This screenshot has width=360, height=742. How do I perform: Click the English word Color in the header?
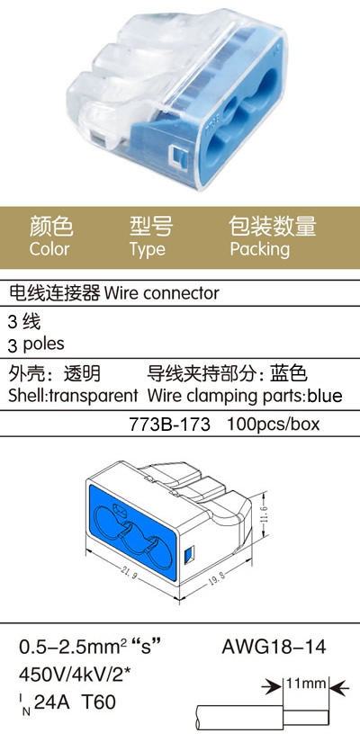[x=49, y=249]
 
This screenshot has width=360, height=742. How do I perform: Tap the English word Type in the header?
[x=148, y=249]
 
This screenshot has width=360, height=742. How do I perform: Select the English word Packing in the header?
[x=259, y=249]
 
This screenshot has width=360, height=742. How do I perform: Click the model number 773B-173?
[x=169, y=424]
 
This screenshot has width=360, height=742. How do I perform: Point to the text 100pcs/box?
[x=274, y=424]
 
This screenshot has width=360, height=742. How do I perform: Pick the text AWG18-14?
[x=274, y=647]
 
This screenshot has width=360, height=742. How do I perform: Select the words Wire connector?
[x=161, y=293]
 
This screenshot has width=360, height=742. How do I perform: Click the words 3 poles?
[x=37, y=344]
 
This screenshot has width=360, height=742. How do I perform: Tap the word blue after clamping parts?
[x=325, y=395]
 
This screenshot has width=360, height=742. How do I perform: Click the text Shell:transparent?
[x=73, y=395]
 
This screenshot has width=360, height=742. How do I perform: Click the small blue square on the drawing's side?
[x=188, y=553]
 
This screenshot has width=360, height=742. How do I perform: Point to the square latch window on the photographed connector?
[x=178, y=156]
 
